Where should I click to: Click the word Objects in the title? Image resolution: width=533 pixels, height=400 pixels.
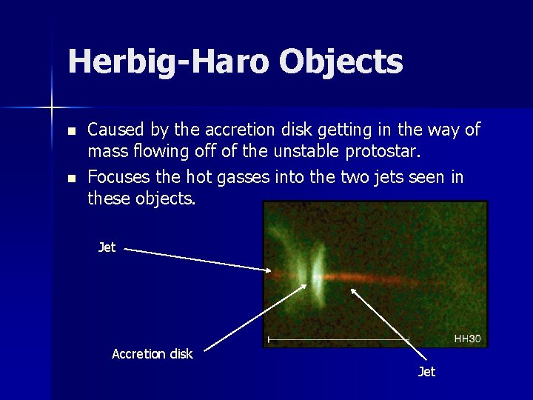[x=341, y=62]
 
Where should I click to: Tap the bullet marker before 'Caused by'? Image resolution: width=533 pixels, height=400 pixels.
[x=71, y=131]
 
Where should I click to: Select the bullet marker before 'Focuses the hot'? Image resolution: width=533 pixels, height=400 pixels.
[x=71, y=179]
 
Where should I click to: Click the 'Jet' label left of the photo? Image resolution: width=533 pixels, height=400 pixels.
[x=107, y=247]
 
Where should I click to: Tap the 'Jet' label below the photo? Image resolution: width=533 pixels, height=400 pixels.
[x=426, y=372]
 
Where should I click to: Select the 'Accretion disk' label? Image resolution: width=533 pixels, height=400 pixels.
[x=152, y=354]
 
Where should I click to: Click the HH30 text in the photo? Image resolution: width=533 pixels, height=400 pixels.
[x=467, y=339]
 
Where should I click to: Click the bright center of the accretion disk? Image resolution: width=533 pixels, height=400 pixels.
[x=317, y=278]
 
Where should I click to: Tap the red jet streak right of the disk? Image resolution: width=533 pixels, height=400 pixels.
[x=385, y=281]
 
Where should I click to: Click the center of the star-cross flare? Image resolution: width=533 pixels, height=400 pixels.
[x=51, y=108]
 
